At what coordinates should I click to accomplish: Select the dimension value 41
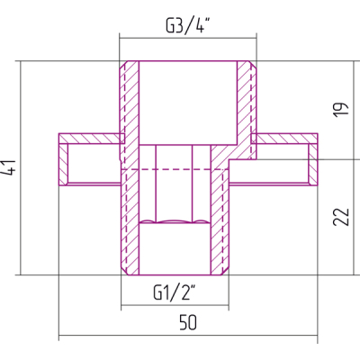(10, 167)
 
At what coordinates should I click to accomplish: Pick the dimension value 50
(188, 322)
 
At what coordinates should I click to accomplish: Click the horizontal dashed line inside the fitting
(175, 169)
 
